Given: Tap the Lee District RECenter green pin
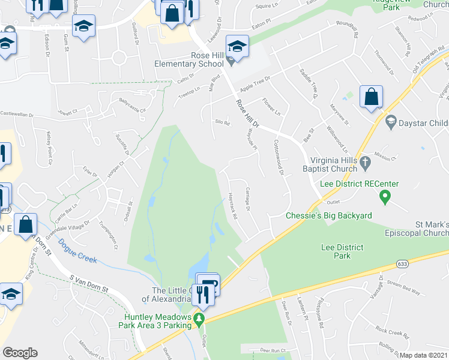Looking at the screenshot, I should click(385, 196).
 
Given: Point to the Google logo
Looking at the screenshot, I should click(20, 353).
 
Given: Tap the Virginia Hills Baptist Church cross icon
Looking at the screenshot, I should click(364, 160).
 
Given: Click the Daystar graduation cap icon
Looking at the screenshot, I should click(391, 123).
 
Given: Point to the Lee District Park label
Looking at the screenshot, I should click(343, 251).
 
